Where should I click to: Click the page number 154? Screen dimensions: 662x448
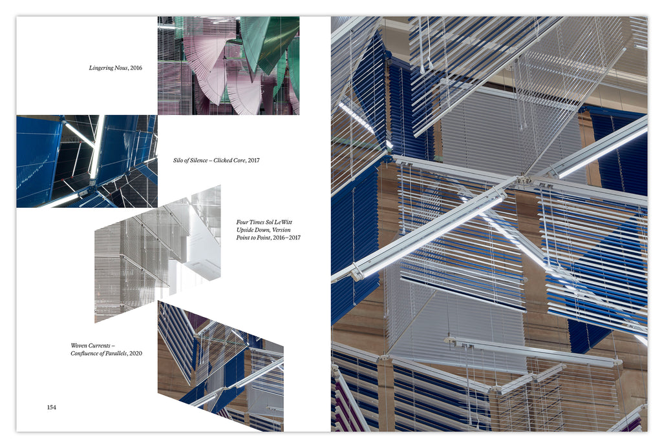[52, 407]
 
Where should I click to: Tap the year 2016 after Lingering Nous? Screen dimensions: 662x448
[136, 68]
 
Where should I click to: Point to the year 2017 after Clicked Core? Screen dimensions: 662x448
[253, 160]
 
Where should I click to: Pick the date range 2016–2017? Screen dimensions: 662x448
[286, 238]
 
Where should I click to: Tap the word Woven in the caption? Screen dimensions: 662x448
[78, 345]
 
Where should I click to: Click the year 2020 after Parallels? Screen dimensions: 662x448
[136, 354]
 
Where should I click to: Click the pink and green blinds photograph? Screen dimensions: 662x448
[228, 65]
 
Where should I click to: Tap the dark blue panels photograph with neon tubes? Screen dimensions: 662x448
[87, 161]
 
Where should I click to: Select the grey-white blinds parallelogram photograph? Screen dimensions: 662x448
[158, 254]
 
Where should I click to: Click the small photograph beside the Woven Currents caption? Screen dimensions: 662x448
[220, 366]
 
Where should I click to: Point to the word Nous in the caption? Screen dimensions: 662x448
[121, 68]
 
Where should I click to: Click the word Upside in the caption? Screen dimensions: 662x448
[245, 230]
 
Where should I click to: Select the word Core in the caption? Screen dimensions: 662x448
[239, 160]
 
